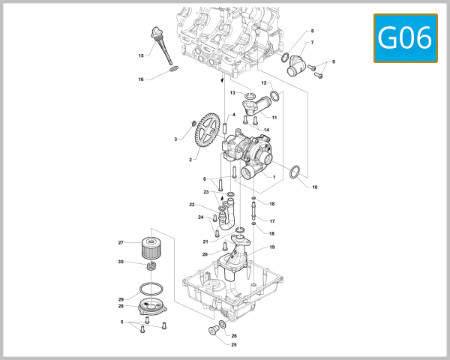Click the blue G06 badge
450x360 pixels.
click(406, 38)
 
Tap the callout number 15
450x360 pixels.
click(141, 55)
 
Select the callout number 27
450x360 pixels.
click(120, 242)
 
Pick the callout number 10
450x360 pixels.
click(315, 186)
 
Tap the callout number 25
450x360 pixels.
click(233, 345)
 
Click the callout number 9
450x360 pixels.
click(334, 61)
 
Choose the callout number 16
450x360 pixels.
click(140, 79)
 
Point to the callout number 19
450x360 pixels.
click(272, 247)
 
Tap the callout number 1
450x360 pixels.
click(274, 177)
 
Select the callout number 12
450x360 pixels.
click(264, 82)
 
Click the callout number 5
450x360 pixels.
click(121, 322)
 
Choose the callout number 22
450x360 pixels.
click(192, 205)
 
